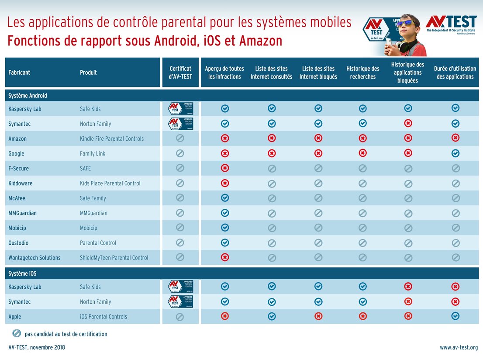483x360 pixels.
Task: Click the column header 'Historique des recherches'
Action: click(362, 73)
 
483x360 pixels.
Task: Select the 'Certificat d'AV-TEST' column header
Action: click(180, 73)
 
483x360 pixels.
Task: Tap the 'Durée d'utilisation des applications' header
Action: click(455, 73)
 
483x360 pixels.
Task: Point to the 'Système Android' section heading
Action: click(28, 96)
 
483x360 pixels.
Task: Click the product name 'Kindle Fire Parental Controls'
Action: click(112, 138)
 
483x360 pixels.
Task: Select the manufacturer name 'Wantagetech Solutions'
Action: click(34, 257)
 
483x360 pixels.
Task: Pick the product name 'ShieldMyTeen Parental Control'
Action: click(114, 257)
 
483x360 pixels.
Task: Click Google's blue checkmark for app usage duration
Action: click(455, 153)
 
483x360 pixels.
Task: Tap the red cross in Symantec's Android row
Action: click(408, 124)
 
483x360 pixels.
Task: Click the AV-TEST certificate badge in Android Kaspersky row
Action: click(180, 108)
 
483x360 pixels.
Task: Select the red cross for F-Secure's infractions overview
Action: click(225, 168)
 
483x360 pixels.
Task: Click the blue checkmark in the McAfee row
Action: click(225, 198)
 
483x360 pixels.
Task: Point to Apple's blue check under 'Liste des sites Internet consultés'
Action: click(272, 316)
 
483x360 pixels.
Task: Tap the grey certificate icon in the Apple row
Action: click(180, 317)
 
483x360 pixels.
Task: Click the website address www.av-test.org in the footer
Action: click(459, 348)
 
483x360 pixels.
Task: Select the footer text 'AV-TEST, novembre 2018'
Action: click(37, 348)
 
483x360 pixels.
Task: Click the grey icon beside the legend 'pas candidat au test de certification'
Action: click(17, 333)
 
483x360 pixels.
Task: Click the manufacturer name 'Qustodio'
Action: click(18, 242)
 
